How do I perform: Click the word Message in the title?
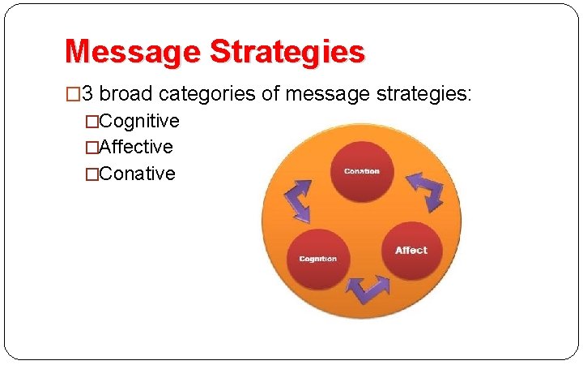[x=132, y=52]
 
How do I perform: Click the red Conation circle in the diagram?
[x=361, y=171]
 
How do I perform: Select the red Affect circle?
[x=411, y=251]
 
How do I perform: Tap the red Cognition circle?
[x=317, y=259]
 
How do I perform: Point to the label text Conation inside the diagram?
[x=361, y=171]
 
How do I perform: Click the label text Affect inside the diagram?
[x=411, y=251]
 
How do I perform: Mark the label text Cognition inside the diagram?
[x=317, y=259]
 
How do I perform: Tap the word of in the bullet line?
[x=270, y=94]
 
